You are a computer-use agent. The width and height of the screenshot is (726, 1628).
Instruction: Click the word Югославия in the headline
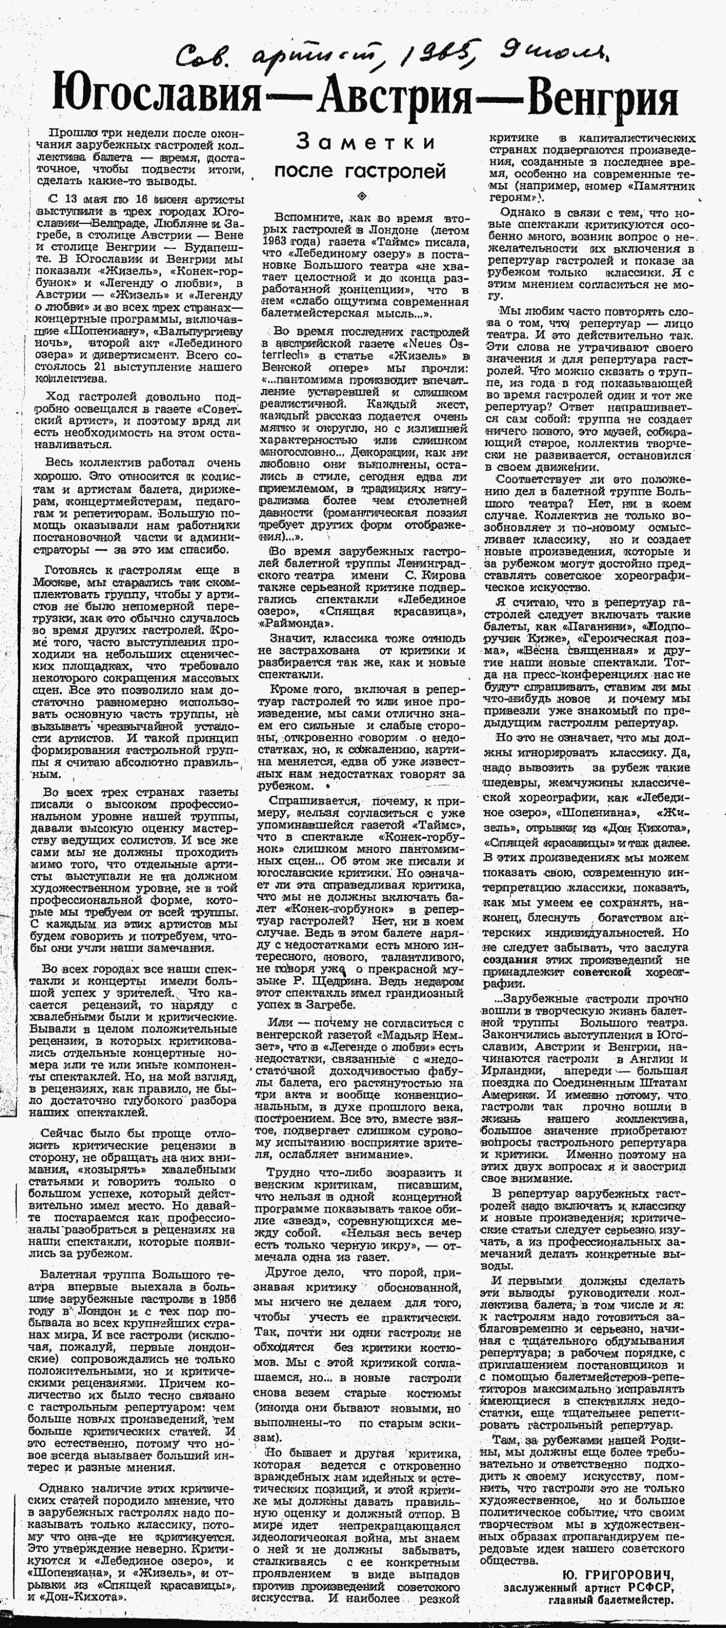pyautogui.click(x=157, y=99)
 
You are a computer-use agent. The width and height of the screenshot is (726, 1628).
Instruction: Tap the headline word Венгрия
pyautogui.click(x=603, y=99)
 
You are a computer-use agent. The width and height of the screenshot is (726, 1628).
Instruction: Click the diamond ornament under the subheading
pyautogui.click(x=362, y=195)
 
